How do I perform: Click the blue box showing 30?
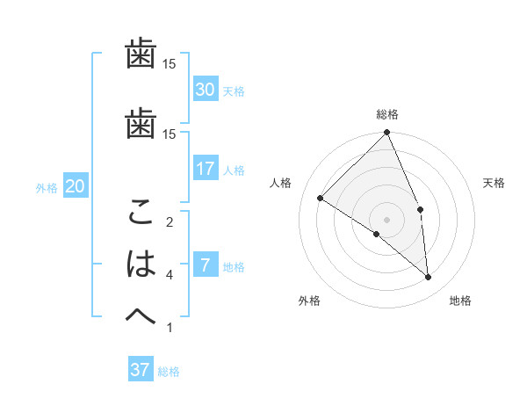point(206,90)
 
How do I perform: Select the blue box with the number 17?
point(206,169)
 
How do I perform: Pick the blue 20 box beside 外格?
point(75,186)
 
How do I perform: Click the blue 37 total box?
point(141,370)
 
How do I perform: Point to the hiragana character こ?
point(141,214)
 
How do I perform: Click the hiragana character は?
point(141,264)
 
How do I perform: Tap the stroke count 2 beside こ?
point(170,222)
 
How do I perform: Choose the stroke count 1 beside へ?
point(170,328)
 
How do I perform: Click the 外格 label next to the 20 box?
point(47,187)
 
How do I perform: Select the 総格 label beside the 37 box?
point(169,372)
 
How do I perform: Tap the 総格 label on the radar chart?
point(387,114)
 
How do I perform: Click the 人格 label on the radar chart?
point(281,183)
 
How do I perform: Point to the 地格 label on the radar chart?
point(460,301)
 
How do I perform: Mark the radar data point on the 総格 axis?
point(387,133)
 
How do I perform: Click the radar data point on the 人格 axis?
point(321,198)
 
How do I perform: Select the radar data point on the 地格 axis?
point(428,277)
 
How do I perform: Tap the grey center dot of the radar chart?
point(386,219)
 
